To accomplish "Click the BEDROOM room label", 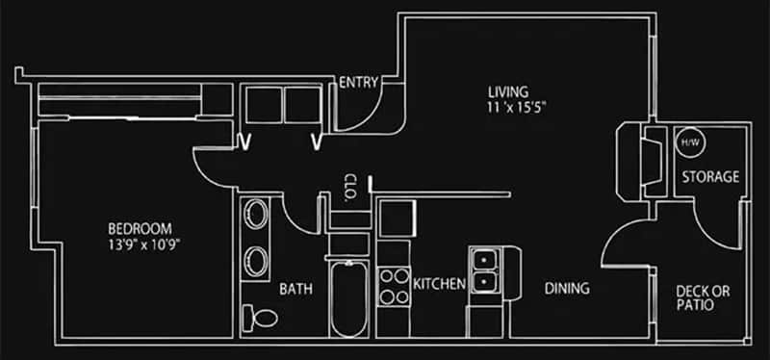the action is (x=140, y=229).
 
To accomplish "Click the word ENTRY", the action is (x=358, y=83).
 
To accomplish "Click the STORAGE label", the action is (x=710, y=177).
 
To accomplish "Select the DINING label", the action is (x=567, y=289).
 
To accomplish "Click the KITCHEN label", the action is (x=440, y=284).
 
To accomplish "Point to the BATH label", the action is (x=295, y=289).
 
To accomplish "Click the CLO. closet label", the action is (x=351, y=185).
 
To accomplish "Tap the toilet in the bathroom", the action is (x=261, y=316).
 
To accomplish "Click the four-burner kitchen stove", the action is (x=394, y=285).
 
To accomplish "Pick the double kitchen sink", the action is (x=484, y=270).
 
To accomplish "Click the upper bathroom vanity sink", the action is (x=256, y=216).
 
